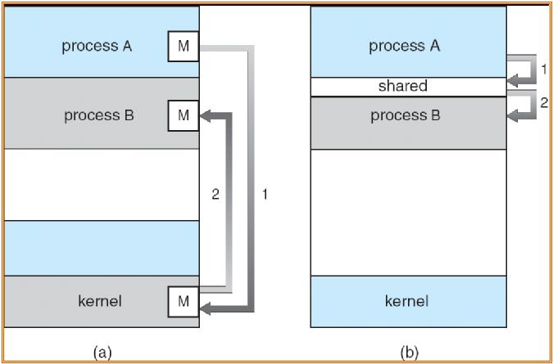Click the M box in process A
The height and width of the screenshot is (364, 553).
183,47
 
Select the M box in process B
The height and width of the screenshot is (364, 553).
183,115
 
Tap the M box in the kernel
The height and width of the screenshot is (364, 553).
183,301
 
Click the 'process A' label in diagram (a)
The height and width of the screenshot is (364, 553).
97,47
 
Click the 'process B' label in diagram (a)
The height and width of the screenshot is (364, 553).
98,115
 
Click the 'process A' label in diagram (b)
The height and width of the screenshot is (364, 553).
405,47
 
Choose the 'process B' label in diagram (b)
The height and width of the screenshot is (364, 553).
405,115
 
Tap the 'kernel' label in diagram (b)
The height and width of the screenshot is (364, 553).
406,301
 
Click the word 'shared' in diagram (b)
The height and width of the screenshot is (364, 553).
402,86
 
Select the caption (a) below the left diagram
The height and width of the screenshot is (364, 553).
102,353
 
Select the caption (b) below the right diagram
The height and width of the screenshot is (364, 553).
408,353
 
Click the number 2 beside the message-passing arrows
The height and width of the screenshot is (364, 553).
215,195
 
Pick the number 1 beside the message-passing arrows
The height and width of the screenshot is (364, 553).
264,195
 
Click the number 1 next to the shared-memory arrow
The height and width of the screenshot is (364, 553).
543,70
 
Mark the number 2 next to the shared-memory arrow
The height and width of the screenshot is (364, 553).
543,102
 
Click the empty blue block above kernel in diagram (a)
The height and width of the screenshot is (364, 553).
102,247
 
